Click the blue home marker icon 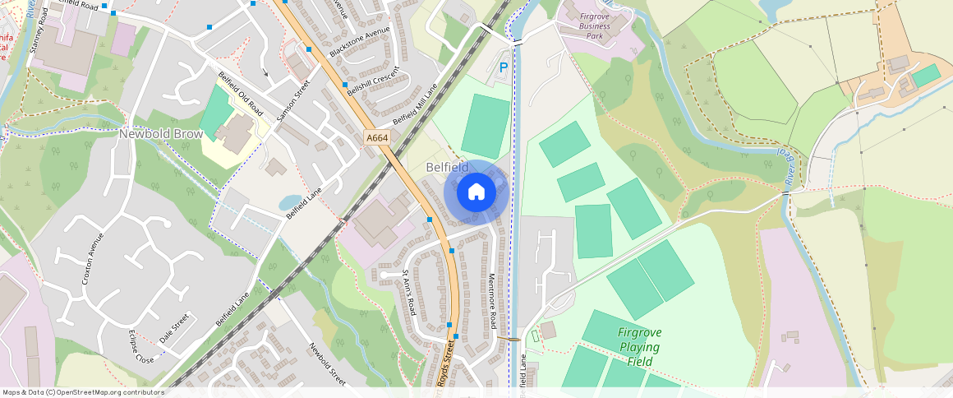click(476, 192)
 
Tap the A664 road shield click(376, 138)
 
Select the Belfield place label click(447, 167)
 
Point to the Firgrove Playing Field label click(638, 346)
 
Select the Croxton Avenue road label click(93, 258)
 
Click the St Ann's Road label click(409, 292)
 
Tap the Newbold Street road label click(327, 363)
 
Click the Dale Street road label click(173, 329)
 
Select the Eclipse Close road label click(140, 347)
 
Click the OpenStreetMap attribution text click(82, 392)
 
